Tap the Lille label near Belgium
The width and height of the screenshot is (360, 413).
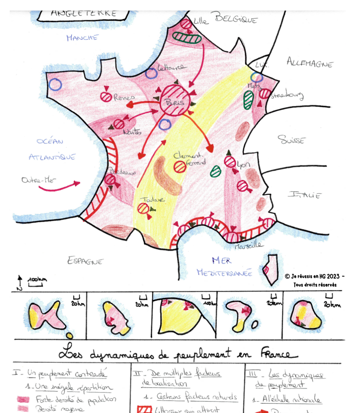pyautogui.click(x=201, y=21)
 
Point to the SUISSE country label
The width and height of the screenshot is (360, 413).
pyautogui.click(x=291, y=140)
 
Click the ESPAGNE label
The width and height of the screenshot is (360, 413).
pyautogui.click(x=85, y=261)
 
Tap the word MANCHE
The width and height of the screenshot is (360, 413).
pyautogui.click(x=82, y=38)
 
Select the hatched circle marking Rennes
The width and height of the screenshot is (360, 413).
pyautogui.click(x=106, y=97)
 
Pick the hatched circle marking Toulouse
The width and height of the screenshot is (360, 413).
pyautogui.click(x=143, y=208)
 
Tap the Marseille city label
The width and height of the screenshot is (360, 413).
pyautogui.click(x=248, y=245)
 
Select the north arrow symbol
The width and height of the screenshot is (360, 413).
pyautogui.click(x=19, y=282)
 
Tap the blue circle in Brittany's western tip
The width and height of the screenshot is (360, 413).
pyautogui.click(x=56, y=85)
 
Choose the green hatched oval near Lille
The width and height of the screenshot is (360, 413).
pyautogui.click(x=187, y=37)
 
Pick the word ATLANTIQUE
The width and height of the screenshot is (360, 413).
pyautogui.click(x=52, y=157)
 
